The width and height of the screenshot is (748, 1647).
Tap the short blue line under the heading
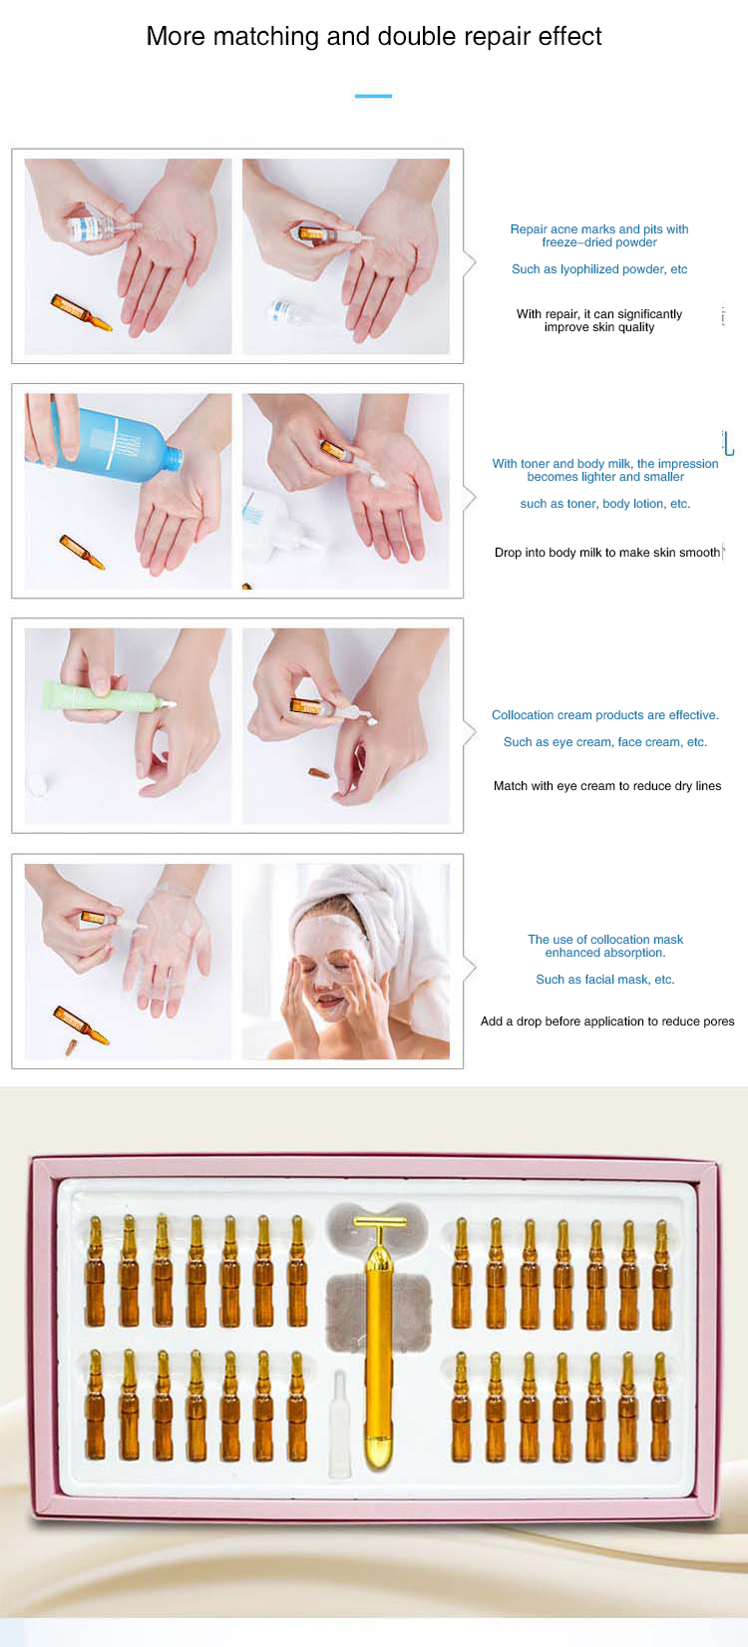pyautogui.click(x=373, y=96)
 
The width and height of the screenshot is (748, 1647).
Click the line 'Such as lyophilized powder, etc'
pyautogui.click(x=598, y=269)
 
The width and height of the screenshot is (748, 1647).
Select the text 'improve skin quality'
pyautogui.click(x=598, y=327)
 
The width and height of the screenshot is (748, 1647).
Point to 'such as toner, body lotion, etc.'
pyautogui.click(x=604, y=504)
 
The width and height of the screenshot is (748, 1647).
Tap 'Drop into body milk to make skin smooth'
pyautogui.click(x=606, y=553)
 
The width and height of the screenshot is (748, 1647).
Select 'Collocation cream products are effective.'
pyautogui.click(x=604, y=715)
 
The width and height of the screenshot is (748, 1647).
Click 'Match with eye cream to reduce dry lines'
pyautogui.click(x=606, y=786)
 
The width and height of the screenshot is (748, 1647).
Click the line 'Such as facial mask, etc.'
pyautogui.click(x=604, y=980)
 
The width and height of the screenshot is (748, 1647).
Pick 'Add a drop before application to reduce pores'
pyautogui.click(x=606, y=1022)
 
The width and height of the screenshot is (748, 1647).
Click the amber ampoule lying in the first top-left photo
pyautogui.click(x=81, y=311)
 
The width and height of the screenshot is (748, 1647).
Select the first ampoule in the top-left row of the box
pyautogui.click(x=95, y=1272)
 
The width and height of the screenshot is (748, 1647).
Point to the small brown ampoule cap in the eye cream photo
pyautogui.click(x=318, y=773)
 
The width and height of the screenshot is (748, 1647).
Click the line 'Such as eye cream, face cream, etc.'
pyautogui.click(x=604, y=742)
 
